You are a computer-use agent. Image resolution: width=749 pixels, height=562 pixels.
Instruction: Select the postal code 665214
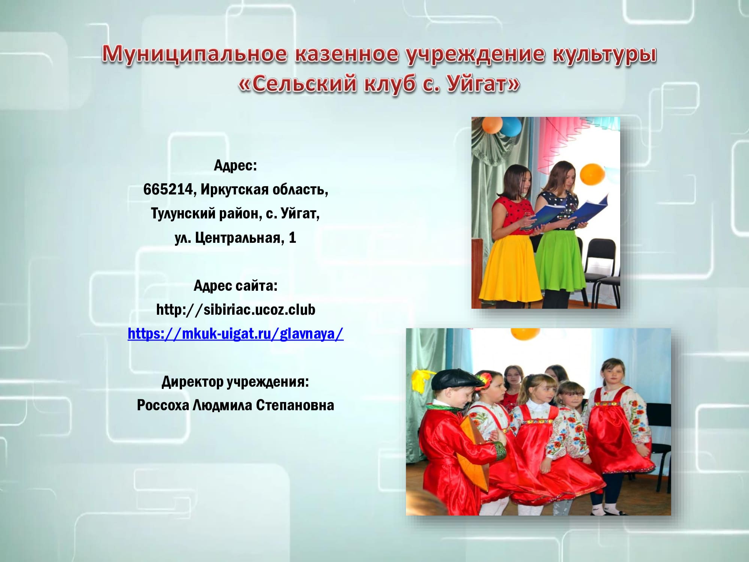pyautogui.click(x=168, y=190)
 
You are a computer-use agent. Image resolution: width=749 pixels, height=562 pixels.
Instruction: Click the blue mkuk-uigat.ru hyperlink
pyautogui.click(x=236, y=333)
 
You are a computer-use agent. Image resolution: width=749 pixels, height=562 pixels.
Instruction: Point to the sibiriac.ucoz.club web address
pyautogui.click(x=236, y=309)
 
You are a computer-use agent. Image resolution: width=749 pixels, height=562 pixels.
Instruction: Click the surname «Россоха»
pyautogui.click(x=163, y=405)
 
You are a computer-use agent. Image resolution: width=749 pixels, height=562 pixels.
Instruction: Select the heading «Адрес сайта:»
pyautogui.click(x=236, y=285)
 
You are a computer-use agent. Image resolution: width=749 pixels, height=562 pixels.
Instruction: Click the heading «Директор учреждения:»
pyautogui.click(x=236, y=381)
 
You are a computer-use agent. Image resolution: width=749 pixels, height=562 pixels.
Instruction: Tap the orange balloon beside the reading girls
pyautogui.click(x=592, y=174)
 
